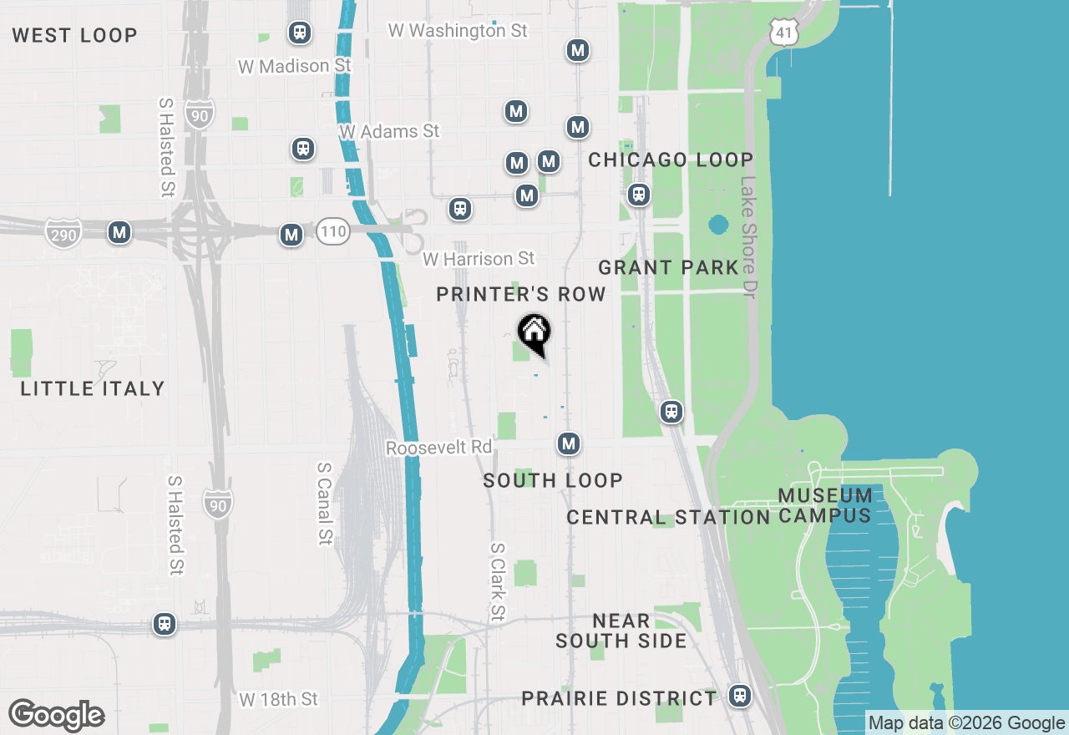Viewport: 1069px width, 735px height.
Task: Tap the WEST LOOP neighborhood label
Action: tap(74, 35)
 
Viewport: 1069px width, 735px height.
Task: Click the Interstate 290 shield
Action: tap(63, 234)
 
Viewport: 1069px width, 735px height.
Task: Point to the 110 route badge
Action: tap(332, 233)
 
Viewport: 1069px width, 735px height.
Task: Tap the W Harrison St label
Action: tap(478, 259)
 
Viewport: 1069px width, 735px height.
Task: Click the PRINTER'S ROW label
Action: tap(521, 294)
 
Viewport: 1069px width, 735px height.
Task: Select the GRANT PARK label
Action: tap(668, 267)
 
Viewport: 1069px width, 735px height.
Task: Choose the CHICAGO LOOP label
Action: tap(671, 160)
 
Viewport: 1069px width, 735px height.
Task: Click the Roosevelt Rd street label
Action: tap(438, 448)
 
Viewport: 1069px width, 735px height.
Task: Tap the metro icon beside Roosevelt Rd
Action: tap(569, 444)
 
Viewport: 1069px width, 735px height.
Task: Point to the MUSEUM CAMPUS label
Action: tap(825, 505)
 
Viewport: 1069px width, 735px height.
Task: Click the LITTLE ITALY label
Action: tap(92, 388)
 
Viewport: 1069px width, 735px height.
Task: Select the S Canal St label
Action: tap(325, 504)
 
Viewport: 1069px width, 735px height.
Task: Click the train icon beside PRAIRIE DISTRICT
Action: tap(739, 695)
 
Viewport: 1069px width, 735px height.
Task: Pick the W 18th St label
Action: tap(278, 699)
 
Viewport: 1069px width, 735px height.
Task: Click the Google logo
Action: tap(56, 716)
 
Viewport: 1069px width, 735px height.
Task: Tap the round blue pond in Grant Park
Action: tap(717, 225)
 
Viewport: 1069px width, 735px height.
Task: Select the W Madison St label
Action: tap(294, 65)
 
